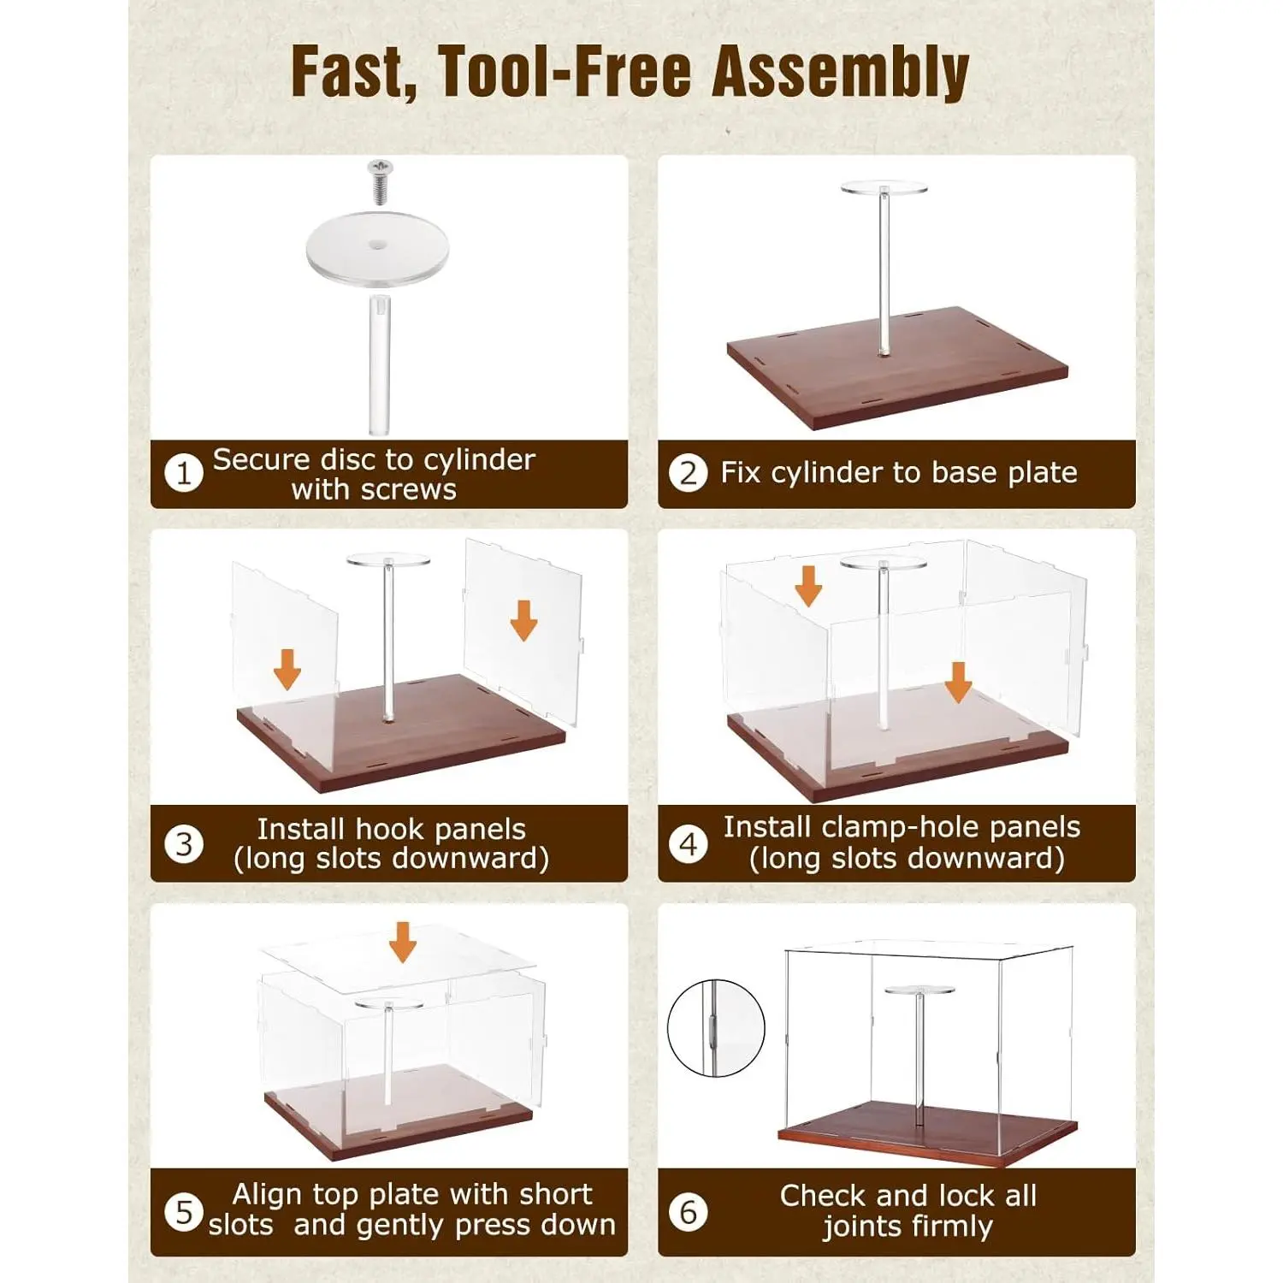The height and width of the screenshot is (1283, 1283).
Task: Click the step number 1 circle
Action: (183, 473)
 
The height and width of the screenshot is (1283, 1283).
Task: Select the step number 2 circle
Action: (689, 473)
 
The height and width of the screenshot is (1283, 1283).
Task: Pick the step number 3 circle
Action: (183, 844)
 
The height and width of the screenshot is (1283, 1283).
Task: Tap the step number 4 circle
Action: (689, 844)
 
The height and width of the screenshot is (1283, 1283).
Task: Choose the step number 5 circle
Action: (183, 1212)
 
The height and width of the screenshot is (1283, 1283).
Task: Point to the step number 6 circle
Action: (689, 1212)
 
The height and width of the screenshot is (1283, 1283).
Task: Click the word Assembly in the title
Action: (841, 73)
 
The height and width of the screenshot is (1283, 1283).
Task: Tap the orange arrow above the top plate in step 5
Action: (402, 942)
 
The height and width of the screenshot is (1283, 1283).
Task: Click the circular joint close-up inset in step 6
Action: (716, 1028)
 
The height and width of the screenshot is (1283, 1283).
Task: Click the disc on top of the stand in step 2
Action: (884, 187)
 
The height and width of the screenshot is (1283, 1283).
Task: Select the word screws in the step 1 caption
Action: (409, 490)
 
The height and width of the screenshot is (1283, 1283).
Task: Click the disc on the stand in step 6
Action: (919, 990)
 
